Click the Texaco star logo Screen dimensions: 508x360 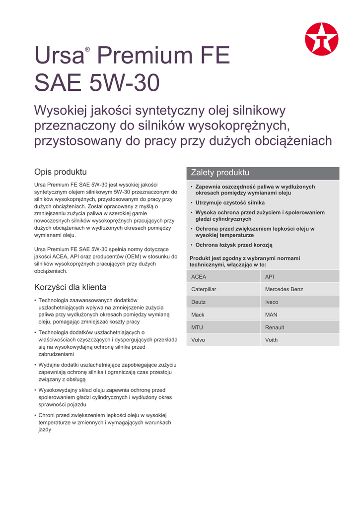[321, 39]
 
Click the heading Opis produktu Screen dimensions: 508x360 [60, 172]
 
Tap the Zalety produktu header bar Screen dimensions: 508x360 [263, 173]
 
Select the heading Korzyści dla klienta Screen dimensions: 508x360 [70, 287]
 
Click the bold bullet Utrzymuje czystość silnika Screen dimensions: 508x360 [230, 203]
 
